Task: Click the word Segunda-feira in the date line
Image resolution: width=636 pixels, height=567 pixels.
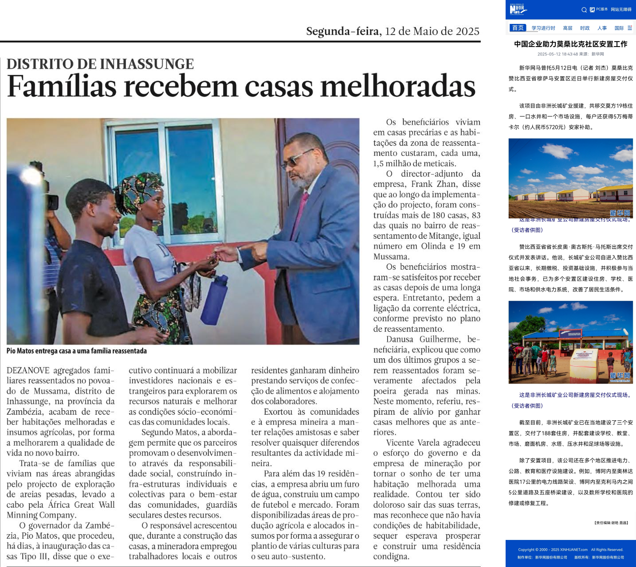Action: tap(343, 31)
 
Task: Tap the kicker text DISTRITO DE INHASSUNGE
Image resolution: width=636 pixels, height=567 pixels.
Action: tap(100, 64)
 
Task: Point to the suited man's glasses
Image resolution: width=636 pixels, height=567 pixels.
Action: tap(296, 159)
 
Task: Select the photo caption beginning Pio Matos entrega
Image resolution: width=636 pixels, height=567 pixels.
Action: tap(76, 351)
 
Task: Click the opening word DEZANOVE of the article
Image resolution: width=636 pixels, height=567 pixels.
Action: tap(27, 371)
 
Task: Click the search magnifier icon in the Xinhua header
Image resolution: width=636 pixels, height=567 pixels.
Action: tap(584, 10)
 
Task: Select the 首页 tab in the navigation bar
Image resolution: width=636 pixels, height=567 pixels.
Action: tap(518, 28)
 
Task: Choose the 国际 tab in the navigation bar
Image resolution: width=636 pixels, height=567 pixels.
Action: tap(619, 28)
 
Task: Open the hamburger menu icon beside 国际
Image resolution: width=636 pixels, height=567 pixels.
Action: tap(630, 28)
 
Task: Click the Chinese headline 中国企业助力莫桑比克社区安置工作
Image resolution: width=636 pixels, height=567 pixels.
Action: tap(570, 44)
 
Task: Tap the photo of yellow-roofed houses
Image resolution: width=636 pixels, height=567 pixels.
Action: tap(570, 178)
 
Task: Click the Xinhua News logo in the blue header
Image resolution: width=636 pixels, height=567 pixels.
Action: tap(517, 9)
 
